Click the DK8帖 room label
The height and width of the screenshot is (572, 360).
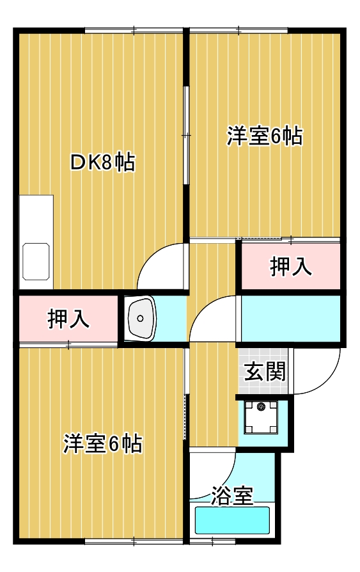[102, 163]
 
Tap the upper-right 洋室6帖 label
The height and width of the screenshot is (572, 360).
[264, 137]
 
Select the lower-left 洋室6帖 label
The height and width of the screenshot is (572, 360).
[102, 443]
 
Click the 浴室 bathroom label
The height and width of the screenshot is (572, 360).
[231, 495]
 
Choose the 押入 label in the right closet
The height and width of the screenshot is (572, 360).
[291, 266]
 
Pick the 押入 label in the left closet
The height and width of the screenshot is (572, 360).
[68, 319]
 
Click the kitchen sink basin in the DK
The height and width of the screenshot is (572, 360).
[36, 261]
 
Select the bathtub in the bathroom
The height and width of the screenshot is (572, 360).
[232, 521]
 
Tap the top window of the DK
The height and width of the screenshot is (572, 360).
[134, 29]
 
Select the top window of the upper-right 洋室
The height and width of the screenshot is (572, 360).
[238, 29]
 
